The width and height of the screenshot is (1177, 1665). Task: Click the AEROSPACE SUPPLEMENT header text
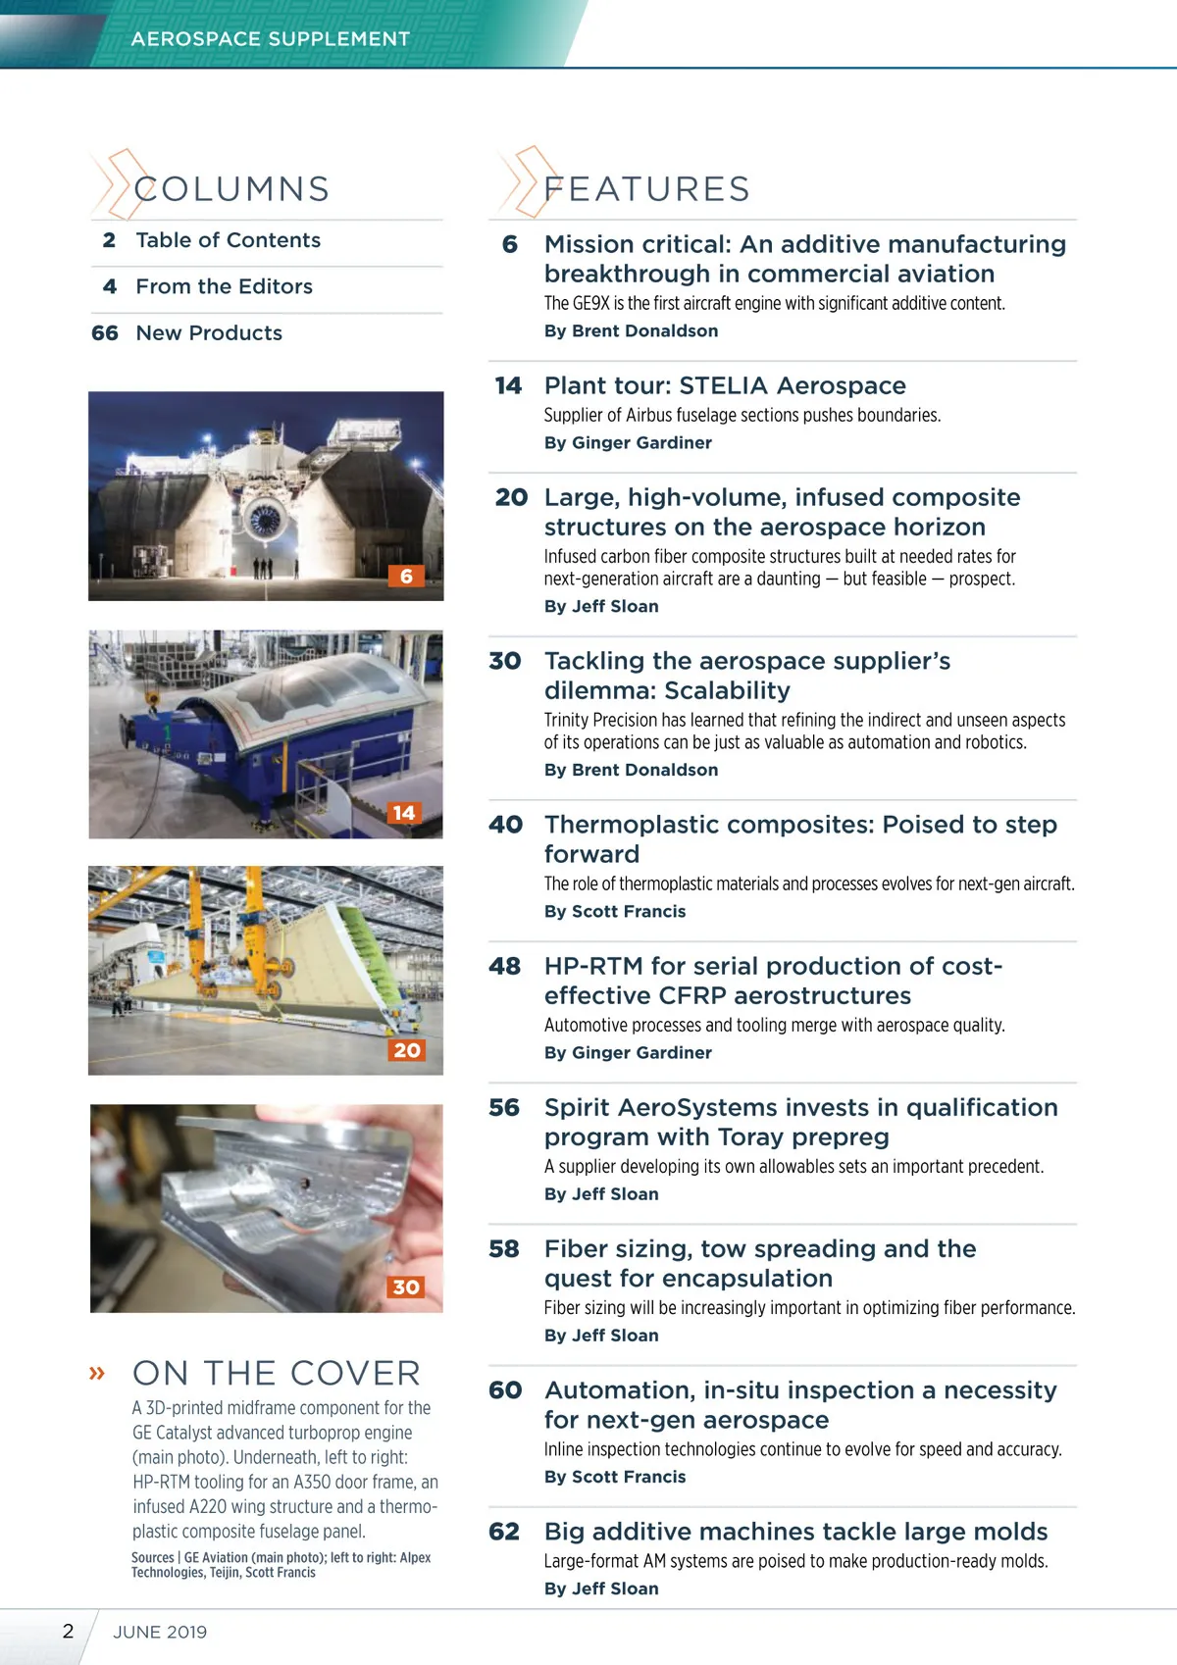tap(270, 39)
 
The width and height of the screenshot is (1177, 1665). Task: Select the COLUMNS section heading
tap(231, 188)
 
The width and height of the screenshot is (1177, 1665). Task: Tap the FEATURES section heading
tap(646, 188)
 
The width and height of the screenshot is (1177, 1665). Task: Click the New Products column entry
tap(209, 333)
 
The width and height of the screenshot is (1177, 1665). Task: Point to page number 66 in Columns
tap(105, 333)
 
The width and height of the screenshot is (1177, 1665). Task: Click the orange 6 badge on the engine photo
tap(406, 576)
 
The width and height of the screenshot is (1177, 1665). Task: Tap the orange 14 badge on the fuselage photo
tap(403, 813)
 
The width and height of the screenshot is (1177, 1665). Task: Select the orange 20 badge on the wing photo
tap(406, 1050)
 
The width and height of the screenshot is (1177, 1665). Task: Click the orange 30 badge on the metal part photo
tap(406, 1287)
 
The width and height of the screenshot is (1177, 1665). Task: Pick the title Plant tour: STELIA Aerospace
tap(725, 385)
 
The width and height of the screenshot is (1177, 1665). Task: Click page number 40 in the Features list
tap(506, 825)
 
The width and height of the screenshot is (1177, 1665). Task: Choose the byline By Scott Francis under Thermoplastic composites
tap(615, 911)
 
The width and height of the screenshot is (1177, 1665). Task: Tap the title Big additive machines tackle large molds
tap(795, 1532)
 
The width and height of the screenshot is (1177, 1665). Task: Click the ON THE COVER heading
tap(277, 1373)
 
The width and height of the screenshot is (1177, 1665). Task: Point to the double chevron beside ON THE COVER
tap(97, 1373)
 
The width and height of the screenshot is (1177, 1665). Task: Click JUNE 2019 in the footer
tap(160, 1632)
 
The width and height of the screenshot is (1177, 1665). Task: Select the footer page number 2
tap(68, 1631)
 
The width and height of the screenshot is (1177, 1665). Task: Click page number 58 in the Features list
tap(504, 1249)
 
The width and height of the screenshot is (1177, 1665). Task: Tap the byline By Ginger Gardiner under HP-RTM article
tap(628, 1052)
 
